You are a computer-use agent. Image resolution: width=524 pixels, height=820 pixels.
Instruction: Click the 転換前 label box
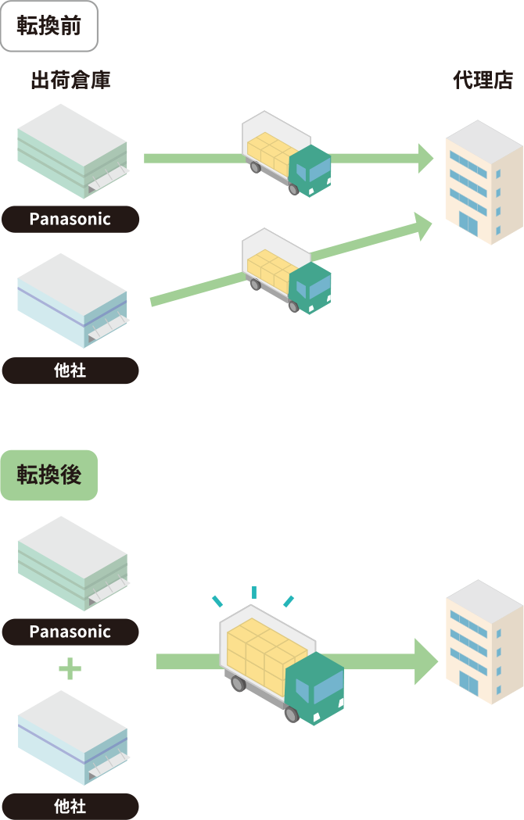click(48, 27)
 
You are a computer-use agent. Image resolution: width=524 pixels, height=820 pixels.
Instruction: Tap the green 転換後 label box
click(48, 474)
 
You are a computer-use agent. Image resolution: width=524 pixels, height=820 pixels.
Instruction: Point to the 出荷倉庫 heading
click(70, 80)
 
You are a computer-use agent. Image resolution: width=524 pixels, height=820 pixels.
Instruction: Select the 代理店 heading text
click(483, 80)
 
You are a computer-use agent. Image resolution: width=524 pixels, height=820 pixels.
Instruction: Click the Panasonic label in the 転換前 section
click(70, 219)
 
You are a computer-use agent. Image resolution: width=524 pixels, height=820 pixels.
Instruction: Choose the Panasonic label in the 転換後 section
click(70, 632)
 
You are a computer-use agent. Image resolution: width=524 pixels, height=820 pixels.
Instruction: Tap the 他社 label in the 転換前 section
click(70, 371)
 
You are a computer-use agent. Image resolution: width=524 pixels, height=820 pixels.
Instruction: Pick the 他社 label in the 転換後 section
click(70, 806)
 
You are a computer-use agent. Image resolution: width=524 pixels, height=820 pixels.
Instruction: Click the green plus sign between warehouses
click(70, 668)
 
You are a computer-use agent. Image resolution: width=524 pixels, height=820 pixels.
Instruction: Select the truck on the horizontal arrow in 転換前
click(286, 154)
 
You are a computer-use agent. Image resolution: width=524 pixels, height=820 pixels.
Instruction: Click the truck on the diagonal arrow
click(286, 271)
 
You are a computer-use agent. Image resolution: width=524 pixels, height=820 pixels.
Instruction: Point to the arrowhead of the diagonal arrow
click(423, 226)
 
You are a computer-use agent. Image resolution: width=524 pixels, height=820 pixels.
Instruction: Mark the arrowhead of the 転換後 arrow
click(426, 661)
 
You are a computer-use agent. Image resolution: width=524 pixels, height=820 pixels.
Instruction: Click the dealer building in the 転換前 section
click(483, 181)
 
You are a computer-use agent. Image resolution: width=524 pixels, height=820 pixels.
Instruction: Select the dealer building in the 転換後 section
click(483, 641)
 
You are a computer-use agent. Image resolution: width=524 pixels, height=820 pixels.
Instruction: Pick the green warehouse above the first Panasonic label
click(73, 152)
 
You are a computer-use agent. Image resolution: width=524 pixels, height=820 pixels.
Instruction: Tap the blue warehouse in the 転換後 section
click(73, 736)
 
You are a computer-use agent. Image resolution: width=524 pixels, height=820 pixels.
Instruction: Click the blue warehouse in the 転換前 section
click(73, 300)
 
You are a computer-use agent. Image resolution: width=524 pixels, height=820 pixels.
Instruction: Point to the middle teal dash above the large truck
click(254, 593)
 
